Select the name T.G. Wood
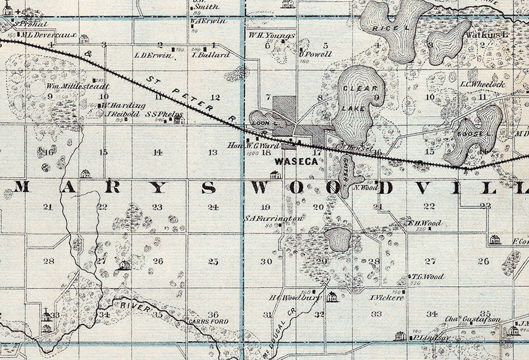click(428, 277)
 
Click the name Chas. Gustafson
click(473, 320)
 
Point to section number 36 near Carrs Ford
click(213, 314)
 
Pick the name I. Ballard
click(211, 55)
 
